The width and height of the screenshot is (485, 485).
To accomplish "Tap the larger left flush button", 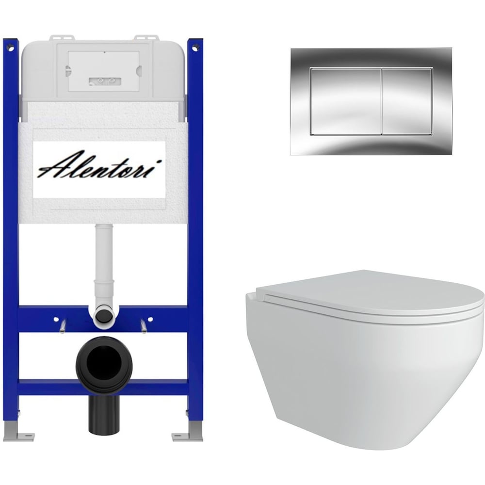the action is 346,101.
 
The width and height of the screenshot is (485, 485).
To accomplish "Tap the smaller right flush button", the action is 407,101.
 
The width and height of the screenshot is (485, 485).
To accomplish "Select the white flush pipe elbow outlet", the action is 103,316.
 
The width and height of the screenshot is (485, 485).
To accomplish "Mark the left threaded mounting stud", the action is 63,326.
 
